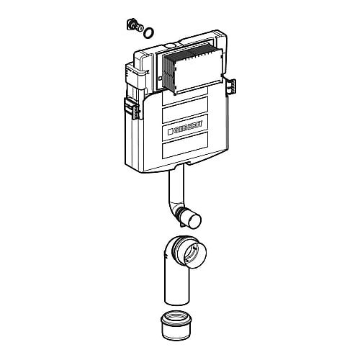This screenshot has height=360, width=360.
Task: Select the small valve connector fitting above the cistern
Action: click(x=135, y=25)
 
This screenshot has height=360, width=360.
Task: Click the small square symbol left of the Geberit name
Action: click(x=171, y=132)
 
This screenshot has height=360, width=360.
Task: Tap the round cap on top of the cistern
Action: click(x=170, y=45)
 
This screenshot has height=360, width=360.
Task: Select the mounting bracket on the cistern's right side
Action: click(x=231, y=87)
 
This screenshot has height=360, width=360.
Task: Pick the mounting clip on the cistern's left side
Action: click(x=131, y=108)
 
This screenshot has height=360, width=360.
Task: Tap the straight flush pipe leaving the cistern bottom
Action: click(x=176, y=189)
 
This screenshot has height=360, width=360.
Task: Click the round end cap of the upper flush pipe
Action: click(x=194, y=221)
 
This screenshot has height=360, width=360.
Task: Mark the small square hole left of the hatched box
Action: click(x=161, y=78)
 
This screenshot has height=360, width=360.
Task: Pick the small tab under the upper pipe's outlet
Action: click(x=184, y=225)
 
